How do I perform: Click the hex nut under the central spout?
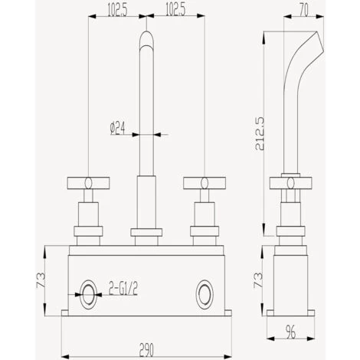click(x=147, y=232)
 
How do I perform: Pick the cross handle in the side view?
click(x=290, y=182)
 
